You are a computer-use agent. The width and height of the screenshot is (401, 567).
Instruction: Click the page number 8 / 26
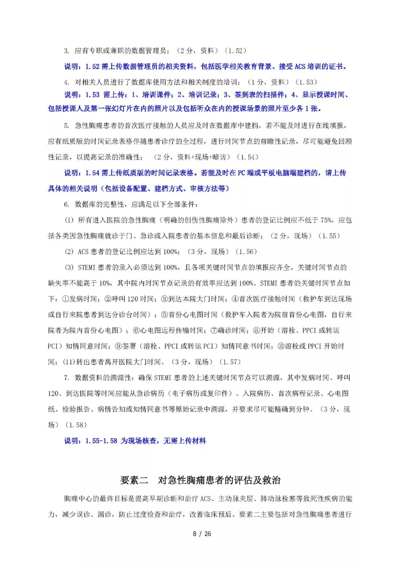(202, 534)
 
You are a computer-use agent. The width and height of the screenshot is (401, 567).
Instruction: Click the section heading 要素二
(134, 480)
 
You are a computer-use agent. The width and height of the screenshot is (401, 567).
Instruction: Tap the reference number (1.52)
(235, 51)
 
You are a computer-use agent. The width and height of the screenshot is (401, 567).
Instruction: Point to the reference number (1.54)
(247, 157)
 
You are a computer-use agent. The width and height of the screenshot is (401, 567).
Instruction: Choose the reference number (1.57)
(230, 362)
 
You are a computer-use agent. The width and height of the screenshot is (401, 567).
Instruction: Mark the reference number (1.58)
(76, 425)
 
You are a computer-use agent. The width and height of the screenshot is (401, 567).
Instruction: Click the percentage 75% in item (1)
(326, 220)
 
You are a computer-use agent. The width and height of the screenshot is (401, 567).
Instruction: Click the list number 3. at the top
(66, 51)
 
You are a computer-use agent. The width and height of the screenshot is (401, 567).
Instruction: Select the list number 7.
(66, 378)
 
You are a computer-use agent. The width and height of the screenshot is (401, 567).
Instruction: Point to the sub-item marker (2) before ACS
(69, 251)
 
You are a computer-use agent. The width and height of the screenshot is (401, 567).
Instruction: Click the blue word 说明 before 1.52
(72, 66)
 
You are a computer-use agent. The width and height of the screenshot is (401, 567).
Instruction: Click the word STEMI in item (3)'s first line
(87, 267)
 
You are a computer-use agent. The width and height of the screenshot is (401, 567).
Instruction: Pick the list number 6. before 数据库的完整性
(66, 205)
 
